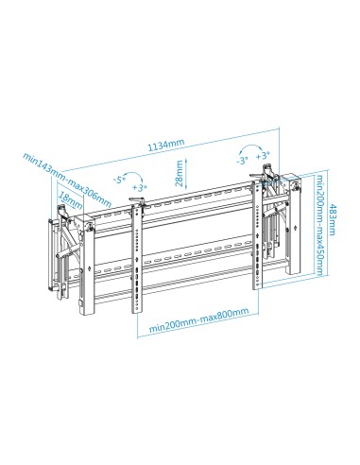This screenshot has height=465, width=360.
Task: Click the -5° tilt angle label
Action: click(119, 178)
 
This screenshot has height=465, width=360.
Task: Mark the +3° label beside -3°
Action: click(264, 153)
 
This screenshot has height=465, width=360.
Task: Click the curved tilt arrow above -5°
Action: click(133, 175)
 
